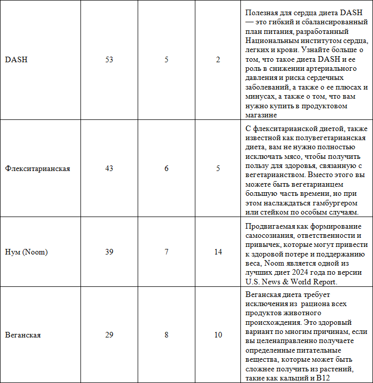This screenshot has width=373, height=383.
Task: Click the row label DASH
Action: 16,60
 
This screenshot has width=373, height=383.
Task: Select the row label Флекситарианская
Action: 37,168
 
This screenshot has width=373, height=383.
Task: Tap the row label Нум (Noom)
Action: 26,252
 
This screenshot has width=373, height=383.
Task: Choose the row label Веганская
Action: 23,335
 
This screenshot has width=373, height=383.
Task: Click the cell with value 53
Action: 109,60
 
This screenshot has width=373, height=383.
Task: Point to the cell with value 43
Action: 109,168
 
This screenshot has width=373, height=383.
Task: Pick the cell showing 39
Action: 109,252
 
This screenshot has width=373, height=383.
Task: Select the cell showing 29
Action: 109,335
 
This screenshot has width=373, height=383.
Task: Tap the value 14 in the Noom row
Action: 218,252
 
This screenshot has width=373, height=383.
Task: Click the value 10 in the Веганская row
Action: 218,335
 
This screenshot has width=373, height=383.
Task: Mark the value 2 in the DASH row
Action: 218,60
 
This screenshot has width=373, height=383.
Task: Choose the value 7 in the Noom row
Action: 167,252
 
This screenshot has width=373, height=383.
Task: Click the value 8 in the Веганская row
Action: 167,335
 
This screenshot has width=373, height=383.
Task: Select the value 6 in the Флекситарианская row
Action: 167,168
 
